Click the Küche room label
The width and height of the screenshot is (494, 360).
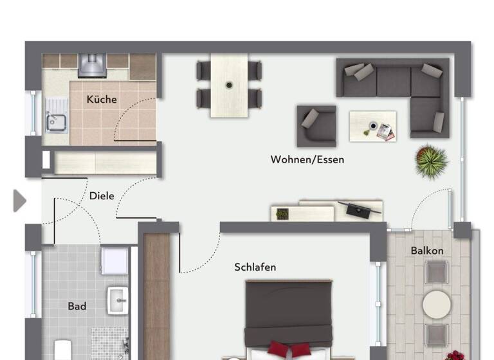point(102,99)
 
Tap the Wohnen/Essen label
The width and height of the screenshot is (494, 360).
point(307,159)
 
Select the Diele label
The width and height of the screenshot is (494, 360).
point(102,195)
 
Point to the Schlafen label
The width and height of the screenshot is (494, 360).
point(255,267)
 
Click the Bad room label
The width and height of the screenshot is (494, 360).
point(77,306)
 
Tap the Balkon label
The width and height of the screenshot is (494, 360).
point(427,250)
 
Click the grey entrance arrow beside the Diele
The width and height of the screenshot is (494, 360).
point(19,201)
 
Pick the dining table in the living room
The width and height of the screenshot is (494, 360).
point(229,85)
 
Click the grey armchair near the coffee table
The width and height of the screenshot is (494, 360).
point(316,126)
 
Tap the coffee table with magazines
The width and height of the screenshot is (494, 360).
point(372,126)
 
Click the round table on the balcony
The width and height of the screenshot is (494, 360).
point(437,303)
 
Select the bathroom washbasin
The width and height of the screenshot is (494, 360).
point(118,299)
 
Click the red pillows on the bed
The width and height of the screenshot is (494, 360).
point(288,350)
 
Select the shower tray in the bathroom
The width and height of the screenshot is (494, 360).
point(114,260)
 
